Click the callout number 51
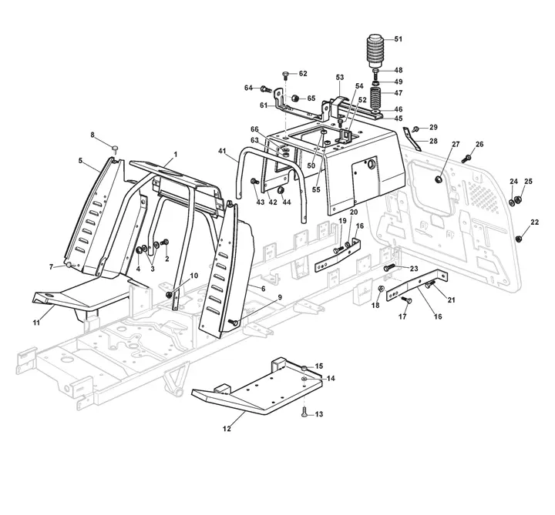click(x=399, y=39)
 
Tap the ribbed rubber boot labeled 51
click(x=376, y=52)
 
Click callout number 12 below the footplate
click(x=227, y=429)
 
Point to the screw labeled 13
click(x=304, y=412)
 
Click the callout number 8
click(x=92, y=135)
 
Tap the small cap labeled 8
click(x=115, y=148)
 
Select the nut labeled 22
click(x=519, y=239)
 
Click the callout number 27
click(x=456, y=144)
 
